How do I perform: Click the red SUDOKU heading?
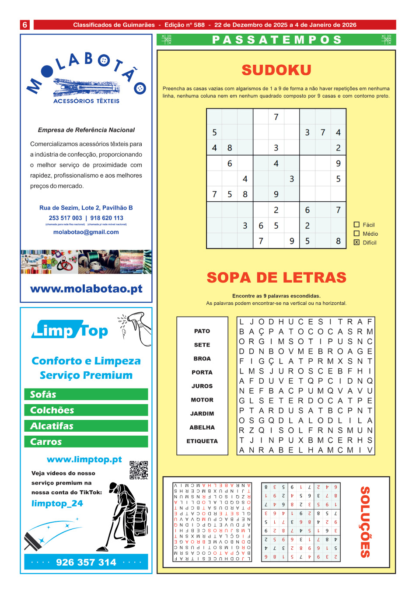[276, 70]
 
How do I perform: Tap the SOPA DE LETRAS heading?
[276, 277]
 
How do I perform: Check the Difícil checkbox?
[357, 242]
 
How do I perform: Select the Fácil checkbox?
[357, 224]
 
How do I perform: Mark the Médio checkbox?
[357, 234]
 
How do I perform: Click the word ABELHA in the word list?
[202, 427]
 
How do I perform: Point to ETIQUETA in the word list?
[202, 441]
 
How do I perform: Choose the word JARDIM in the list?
[202, 413]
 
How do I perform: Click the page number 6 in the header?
[25, 25]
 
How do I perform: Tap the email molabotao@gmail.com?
[86, 232]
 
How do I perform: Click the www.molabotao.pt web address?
[86, 289]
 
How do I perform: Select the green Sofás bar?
[86, 395]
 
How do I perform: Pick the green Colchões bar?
[86, 410]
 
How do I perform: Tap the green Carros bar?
[86, 442]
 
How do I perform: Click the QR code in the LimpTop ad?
[139, 470]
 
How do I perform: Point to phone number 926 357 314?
[86, 562]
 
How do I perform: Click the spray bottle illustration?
[136, 327]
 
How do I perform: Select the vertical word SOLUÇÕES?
[365, 522]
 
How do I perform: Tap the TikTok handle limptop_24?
[57, 503]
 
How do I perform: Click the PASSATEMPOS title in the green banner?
[276, 40]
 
